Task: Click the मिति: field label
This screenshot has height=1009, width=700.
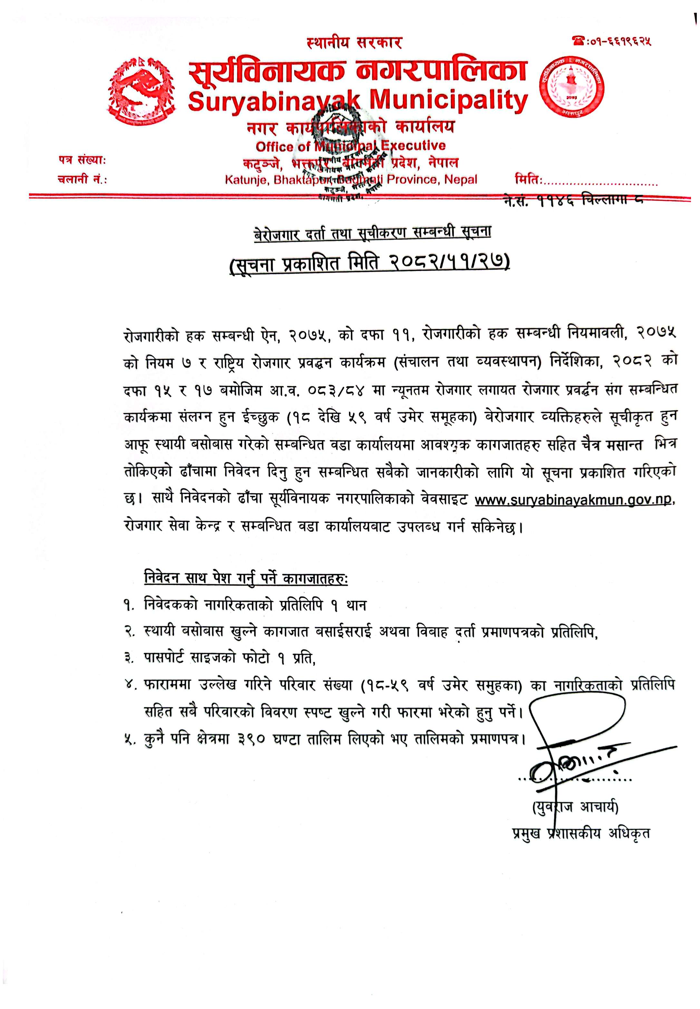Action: tap(529, 180)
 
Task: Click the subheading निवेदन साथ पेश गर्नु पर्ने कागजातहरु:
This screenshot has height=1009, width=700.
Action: tap(246, 578)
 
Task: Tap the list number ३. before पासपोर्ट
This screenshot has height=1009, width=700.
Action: tap(129, 658)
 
